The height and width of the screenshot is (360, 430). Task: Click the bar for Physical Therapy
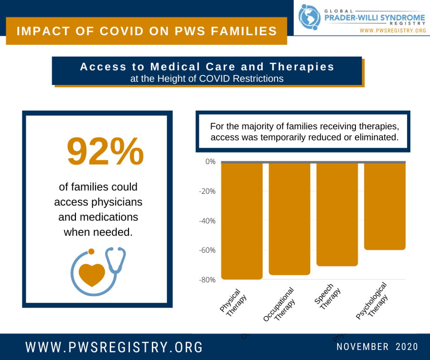click(242, 221)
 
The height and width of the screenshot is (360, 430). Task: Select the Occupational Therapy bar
click(290, 219)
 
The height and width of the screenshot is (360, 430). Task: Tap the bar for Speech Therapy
click(337, 214)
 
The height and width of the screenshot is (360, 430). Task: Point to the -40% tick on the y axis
click(207, 221)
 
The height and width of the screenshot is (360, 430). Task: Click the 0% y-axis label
click(210, 162)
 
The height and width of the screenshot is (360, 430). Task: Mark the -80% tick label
click(207, 280)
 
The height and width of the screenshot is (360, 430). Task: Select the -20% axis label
click(207, 191)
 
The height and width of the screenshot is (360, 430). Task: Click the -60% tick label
click(207, 250)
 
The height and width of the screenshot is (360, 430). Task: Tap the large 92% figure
click(105, 151)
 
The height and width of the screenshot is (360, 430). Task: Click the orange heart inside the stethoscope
click(92, 274)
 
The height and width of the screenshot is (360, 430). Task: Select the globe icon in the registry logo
click(309, 17)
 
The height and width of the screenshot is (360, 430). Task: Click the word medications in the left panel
click(98, 217)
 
